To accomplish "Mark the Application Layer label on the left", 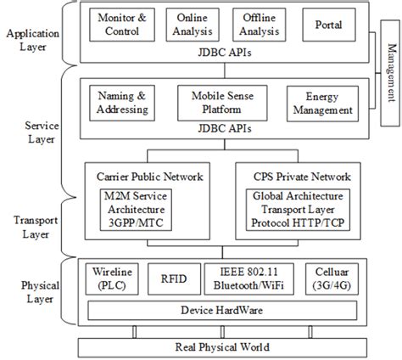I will click(28, 41).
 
